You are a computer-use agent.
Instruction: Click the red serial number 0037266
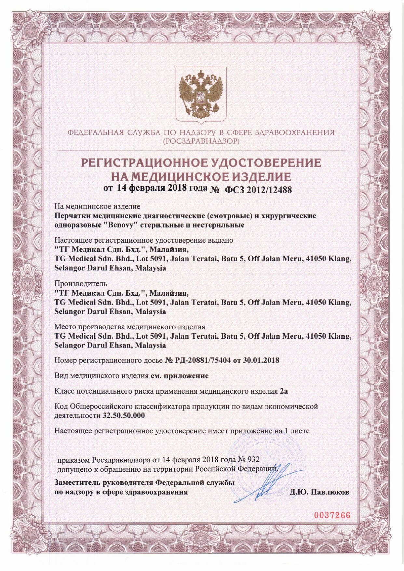tap(332, 515)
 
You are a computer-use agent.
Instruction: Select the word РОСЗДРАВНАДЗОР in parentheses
tap(202, 141)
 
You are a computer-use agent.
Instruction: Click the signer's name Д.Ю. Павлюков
tap(319, 492)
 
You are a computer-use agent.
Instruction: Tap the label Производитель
tap(81, 284)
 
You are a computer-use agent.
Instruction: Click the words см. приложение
tap(179, 376)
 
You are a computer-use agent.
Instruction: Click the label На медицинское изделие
tap(97, 206)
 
